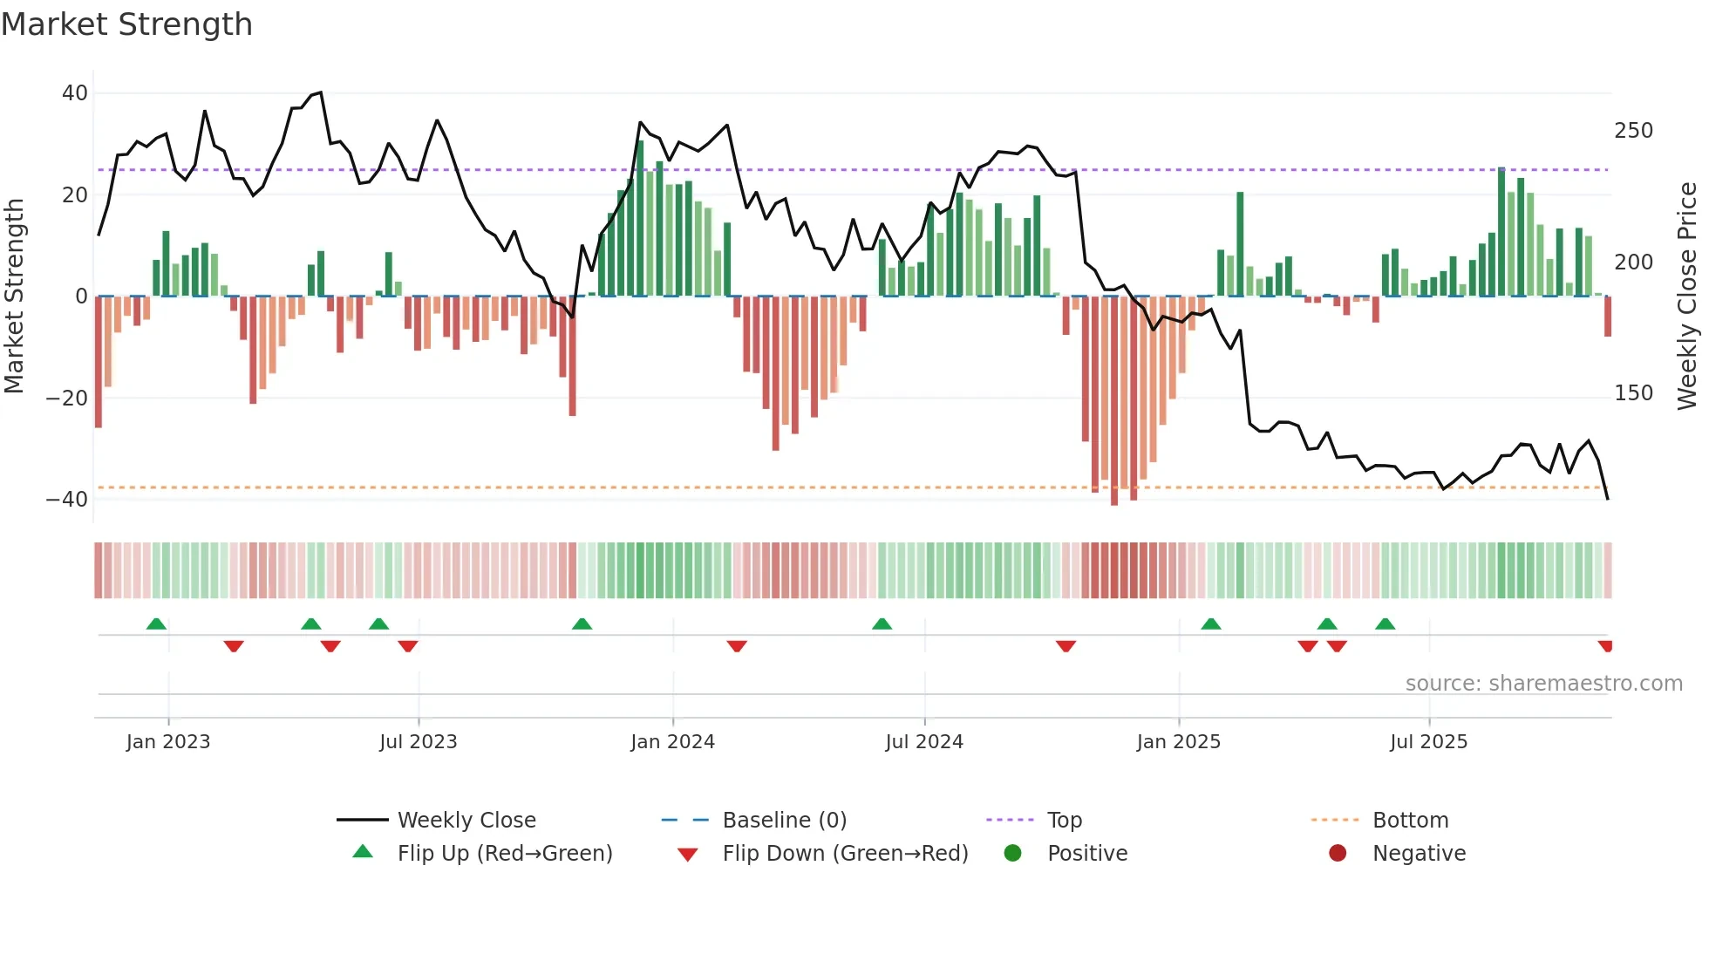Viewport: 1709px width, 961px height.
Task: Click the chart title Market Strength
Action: click(x=126, y=24)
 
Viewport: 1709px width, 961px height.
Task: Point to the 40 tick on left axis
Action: click(x=75, y=93)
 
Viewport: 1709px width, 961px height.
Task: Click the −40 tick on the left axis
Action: click(x=67, y=500)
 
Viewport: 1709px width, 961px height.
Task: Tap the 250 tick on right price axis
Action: click(x=1633, y=131)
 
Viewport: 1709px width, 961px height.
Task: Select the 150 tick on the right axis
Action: click(x=1633, y=393)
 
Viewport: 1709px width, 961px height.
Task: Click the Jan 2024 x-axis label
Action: click(x=672, y=742)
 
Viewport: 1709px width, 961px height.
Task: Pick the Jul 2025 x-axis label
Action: click(x=1428, y=742)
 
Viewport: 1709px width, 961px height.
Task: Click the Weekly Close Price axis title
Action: click(x=1687, y=296)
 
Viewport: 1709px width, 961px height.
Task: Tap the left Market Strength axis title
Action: click(x=14, y=296)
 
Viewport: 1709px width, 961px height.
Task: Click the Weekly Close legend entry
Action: click(x=466, y=821)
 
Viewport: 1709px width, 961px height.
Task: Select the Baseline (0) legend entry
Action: click(x=784, y=821)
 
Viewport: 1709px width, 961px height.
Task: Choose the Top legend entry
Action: click(x=1064, y=821)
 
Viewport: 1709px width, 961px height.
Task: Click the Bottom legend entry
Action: click(x=1410, y=821)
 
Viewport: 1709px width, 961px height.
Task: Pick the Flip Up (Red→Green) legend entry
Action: click(x=504, y=854)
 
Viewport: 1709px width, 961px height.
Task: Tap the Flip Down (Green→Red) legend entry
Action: click(x=844, y=854)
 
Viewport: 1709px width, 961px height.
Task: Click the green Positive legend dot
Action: click(x=1012, y=854)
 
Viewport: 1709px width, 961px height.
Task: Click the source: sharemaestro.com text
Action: click(x=1543, y=684)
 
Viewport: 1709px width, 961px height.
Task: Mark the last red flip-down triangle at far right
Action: click(x=1606, y=646)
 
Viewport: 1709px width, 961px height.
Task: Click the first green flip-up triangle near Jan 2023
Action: click(x=156, y=624)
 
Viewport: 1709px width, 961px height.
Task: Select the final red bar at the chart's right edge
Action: click(x=1608, y=317)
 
